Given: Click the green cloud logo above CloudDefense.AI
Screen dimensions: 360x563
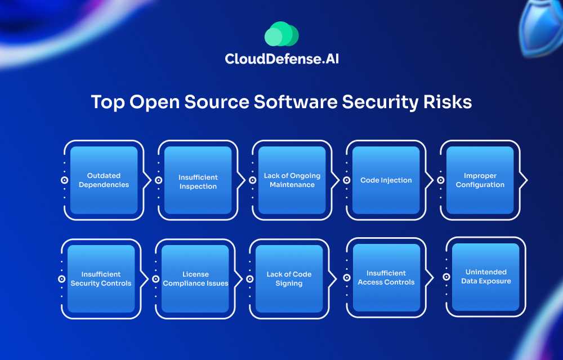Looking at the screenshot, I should [281, 34].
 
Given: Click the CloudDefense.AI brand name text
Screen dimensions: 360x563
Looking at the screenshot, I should [281, 58].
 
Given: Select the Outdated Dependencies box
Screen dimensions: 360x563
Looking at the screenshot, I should [104, 180].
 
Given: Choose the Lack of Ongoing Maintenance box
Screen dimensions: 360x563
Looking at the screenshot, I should [292, 180].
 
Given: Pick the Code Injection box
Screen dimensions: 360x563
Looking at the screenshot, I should [386, 180].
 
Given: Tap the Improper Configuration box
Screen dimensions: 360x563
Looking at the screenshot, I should [480, 180].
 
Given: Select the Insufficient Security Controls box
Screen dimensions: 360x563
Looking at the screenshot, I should [101, 278].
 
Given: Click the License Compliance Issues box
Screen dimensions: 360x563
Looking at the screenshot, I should [195, 278].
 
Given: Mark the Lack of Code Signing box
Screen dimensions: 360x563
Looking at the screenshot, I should [289, 278].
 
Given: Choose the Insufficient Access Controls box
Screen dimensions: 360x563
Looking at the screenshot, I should [386, 277].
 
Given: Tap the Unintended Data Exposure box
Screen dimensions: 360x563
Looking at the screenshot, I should [485, 277].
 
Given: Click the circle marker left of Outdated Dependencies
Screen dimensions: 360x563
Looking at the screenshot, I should [64, 180].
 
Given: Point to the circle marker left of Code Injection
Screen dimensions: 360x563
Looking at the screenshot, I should [346, 180].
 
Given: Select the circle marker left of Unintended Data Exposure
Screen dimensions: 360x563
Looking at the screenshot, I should [446, 277].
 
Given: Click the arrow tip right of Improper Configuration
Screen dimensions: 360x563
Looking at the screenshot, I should [526, 180].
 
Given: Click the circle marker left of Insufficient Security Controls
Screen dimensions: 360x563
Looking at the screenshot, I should [61, 278].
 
